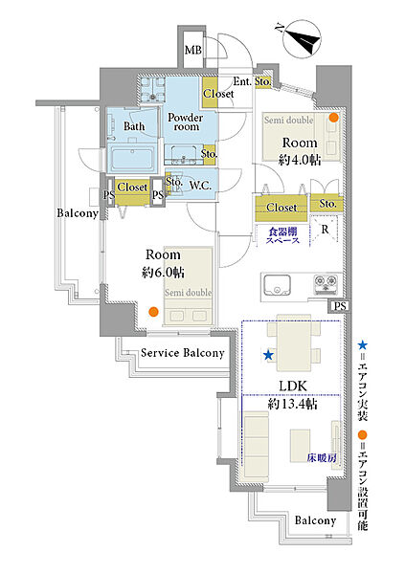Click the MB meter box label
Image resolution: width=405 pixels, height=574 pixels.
click(x=192, y=50)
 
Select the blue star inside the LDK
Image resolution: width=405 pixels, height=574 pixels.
click(x=269, y=355)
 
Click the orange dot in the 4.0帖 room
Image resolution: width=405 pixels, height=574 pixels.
click(x=333, y=118)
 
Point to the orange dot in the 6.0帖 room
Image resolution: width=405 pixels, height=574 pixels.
click(x=153, y=312)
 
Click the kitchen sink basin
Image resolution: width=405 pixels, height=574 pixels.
click(x=277, y=285)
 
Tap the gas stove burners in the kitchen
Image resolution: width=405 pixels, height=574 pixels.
click(x=326, y=284)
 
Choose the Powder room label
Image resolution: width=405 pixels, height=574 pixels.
click(x=186, y=121)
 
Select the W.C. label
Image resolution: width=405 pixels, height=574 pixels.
click(x=200, y=186)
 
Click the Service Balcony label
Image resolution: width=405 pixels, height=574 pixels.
click(x=183, y=353)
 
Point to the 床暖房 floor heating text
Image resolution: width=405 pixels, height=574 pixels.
click(x=322, y=458)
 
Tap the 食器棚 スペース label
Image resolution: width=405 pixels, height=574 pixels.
click(x=282, y=235)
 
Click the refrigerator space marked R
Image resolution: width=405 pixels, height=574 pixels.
click(x=325, y=230)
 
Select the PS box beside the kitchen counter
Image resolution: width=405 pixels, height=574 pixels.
click(x=340, y=306)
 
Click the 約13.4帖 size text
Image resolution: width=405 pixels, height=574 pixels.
click(x=292, y=404)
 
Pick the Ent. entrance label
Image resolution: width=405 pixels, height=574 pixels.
click(x=242, y=81)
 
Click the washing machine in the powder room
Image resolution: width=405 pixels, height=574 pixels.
click(x=152, y=89)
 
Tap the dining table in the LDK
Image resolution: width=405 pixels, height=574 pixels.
click(x=294, y=342)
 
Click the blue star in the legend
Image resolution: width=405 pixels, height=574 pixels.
click(x=362, y=344)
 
